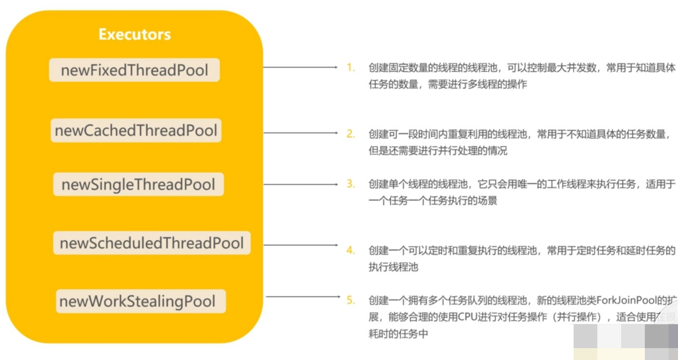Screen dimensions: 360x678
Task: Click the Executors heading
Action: (x=134, y=34)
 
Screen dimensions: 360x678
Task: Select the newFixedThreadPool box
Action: (x=134, y=70)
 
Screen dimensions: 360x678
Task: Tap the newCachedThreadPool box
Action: (x=136, y=131)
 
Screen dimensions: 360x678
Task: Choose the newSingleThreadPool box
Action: (x=138, y=184)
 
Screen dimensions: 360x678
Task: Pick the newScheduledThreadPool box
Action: (x=151, y=243)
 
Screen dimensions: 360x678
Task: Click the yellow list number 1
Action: (x=350, y=67)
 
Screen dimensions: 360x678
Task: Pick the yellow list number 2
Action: (x=350, y=134)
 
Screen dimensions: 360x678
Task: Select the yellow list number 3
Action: (x=350, y=184)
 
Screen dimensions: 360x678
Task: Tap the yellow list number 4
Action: (x=350, y=251)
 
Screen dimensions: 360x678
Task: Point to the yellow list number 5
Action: (x=350, y=300)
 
